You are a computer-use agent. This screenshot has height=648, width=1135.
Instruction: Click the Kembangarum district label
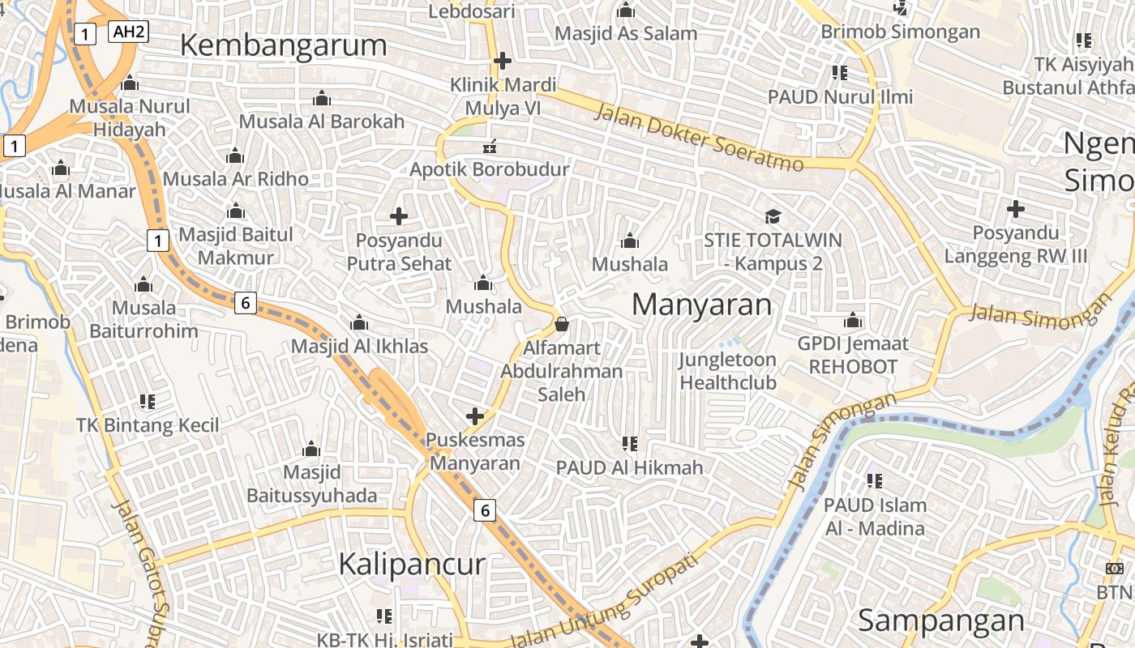click(283, 45)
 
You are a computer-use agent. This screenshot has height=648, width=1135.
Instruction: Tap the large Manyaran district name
click(701, 305)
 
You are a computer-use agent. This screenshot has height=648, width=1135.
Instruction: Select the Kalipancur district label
click(412, 564)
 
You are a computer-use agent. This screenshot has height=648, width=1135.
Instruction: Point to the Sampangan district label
click(941, 620)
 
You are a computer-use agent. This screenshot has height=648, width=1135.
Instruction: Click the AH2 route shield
click(128, 32)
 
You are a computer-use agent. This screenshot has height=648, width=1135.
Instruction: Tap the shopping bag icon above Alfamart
click(562, 325)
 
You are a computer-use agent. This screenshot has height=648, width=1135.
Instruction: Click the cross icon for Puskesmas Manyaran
click(475, 416)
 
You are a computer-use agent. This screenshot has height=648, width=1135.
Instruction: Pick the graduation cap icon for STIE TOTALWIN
click(773, 216)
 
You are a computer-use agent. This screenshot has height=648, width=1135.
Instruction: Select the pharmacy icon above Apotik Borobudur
click(490, 147)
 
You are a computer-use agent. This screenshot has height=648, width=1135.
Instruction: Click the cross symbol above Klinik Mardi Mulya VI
click(503, 61)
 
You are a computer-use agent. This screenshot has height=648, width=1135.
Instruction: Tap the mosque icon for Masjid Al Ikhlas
click(359, 323)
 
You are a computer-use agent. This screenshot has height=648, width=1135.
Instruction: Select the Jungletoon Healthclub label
click(727, 371)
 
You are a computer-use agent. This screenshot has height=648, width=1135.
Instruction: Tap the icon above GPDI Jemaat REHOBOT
click(852, 321)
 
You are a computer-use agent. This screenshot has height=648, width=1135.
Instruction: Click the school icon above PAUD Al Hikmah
click(629, 443)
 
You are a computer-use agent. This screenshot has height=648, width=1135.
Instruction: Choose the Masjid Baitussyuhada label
click(311, 484)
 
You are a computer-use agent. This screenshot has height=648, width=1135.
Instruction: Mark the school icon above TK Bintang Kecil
click(147, 401)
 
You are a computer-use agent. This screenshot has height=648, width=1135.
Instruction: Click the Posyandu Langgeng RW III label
click(1016, 245)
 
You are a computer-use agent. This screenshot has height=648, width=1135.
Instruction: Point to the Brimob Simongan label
click(900, 32)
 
